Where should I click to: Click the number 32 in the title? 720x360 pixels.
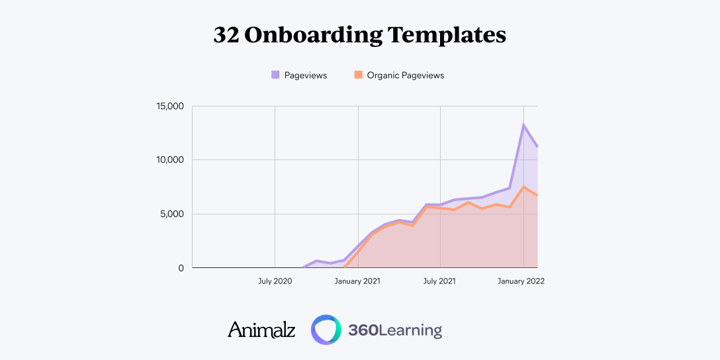click(226, 35)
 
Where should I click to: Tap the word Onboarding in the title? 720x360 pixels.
click(310, 35)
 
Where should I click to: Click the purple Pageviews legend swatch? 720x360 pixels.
click(275, 75)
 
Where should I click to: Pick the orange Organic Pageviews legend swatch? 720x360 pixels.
click(358, 75)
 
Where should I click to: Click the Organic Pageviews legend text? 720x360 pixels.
click(405, 75)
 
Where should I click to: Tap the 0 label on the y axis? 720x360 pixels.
click(180, 268)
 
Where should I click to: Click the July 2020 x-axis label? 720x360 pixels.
click(275, 281)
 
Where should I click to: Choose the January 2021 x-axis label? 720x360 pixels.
click(357, 281)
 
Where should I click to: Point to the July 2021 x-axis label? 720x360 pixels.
click(439, 281)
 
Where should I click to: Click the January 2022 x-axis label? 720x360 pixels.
click(521, 281)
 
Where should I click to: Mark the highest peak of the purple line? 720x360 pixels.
click(523, 124)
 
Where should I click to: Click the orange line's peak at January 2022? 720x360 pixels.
click(523, 187)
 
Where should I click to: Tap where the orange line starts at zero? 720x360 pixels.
click(345, 267)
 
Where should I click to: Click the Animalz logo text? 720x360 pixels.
click(261, 330)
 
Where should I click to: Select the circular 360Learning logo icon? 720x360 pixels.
click(326, 330)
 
